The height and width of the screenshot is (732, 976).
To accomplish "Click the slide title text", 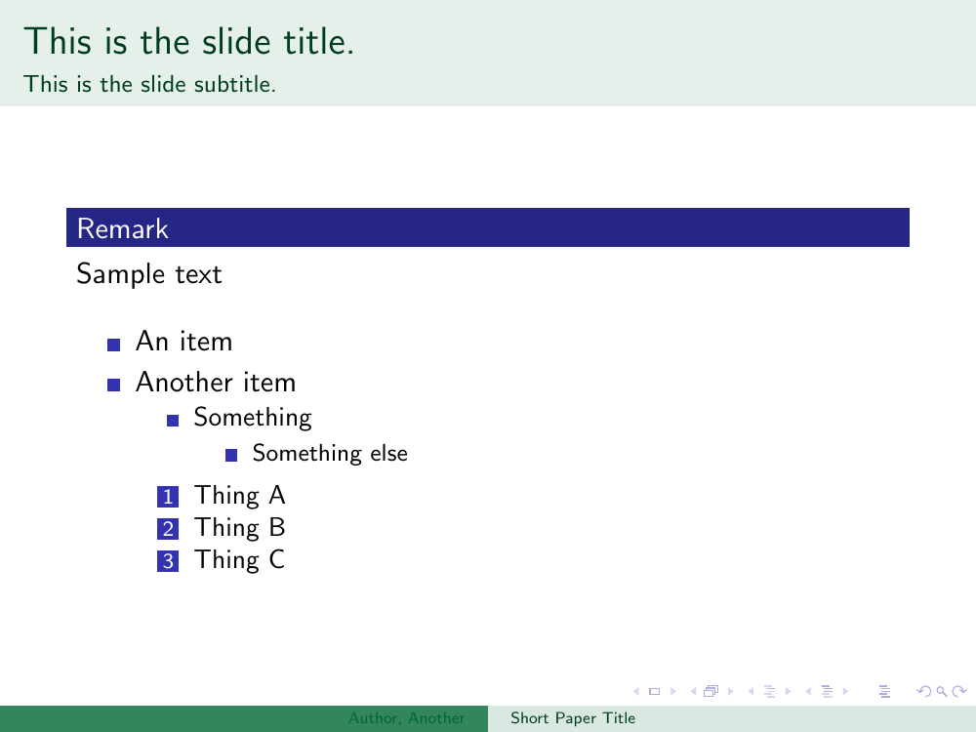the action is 188,42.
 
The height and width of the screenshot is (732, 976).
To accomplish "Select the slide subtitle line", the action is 149,84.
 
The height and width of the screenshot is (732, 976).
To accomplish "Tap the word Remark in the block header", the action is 123,228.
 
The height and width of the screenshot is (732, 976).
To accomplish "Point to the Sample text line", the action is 148,274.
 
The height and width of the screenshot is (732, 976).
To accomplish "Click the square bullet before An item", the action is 113,345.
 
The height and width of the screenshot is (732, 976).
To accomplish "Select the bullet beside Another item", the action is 113,386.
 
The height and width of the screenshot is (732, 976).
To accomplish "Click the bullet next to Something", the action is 173,421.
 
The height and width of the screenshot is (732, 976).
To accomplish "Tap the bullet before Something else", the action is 231,456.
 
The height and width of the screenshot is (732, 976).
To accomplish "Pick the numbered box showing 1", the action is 168,497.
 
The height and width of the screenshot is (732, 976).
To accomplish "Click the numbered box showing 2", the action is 168,529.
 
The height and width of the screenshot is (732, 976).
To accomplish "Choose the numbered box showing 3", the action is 168,561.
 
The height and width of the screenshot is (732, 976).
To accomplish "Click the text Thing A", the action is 240,496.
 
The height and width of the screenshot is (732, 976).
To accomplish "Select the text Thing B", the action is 240,528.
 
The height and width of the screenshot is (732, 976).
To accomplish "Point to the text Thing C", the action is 240,560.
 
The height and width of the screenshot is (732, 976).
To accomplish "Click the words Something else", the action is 330,454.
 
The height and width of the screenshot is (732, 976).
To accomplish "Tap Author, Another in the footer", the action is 406,718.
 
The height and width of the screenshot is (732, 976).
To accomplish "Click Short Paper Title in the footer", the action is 573,718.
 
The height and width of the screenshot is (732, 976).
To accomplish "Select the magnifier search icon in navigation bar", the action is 942,691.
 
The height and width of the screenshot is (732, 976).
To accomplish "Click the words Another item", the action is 216,383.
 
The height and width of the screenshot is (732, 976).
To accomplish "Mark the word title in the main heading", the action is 319,42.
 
